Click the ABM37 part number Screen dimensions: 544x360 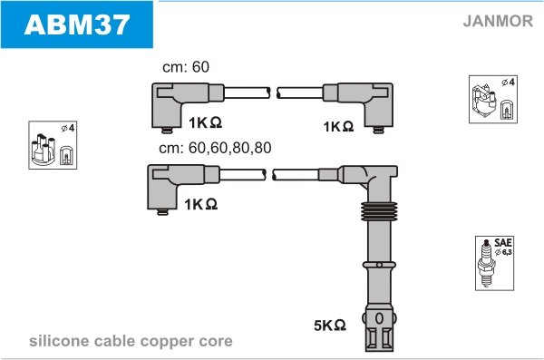(x=77, y=24)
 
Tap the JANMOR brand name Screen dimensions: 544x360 (x=498, y=21)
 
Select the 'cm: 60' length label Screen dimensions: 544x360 (x=186, y=67)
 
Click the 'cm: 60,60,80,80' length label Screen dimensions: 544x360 (x=215, y=148)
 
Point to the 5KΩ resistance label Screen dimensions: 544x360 (x=330, y=326)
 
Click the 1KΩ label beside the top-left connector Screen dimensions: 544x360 (x=205, y=122)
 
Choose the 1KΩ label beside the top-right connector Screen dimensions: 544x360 (x=338, y=126)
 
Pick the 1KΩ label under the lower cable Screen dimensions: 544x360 (x=201, y=204)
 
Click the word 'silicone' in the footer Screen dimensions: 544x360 (x=60, y=341)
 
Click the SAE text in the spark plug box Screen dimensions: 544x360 (x=503, y=242)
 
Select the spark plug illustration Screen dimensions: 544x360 (x=486, y=263)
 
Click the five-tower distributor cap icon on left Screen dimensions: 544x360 (x=44, y=149)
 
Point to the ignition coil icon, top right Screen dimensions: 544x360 (x=484, y=101)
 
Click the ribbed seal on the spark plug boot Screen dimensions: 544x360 (x=379, y=211)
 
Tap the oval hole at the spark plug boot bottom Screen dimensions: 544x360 (x=379, y=318)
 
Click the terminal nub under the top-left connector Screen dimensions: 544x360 (x=167, y=131)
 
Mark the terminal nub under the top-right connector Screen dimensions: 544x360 (x=378, y=131)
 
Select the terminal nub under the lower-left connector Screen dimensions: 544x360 (x=162, y=212)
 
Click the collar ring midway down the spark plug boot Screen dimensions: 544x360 (x=379, y=265)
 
